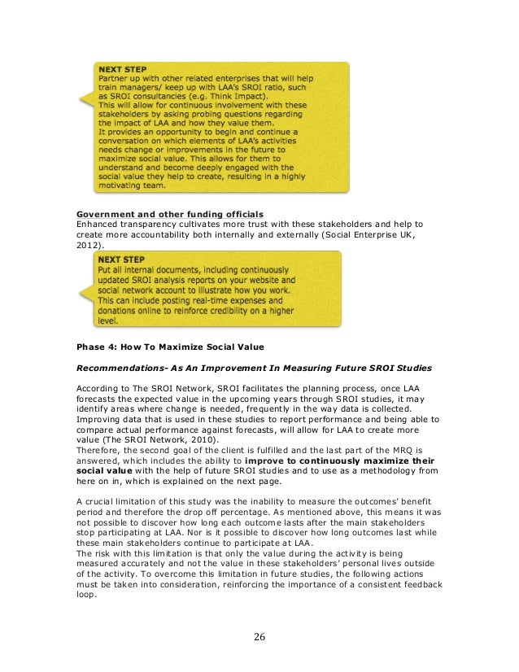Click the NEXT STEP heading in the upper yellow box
tap(120, 68)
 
